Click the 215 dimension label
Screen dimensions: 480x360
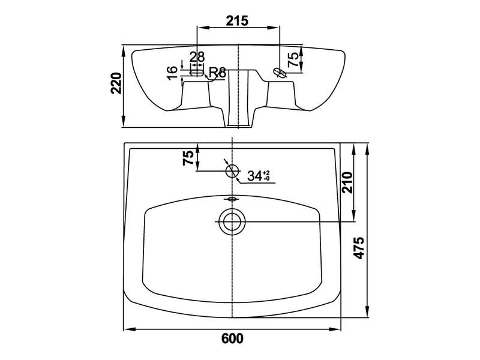point(237,21)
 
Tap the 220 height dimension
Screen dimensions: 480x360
point(116,83)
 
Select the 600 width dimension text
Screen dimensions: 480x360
point(232,338)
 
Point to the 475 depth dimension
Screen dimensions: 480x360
point(359,248)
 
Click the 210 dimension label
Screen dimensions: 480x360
point(347,182)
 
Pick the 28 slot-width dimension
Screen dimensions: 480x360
point(197,57)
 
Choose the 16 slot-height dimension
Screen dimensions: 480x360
point(173,73)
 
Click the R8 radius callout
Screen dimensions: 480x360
point(217,73)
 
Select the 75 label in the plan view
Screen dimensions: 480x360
point(189,158)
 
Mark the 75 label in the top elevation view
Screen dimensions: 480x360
point(293,59)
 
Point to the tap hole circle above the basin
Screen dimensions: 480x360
point(232,171)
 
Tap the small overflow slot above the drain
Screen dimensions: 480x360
point(232,199)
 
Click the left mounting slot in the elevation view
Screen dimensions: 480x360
point(197,73)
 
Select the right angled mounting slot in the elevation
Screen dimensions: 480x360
point(280,73)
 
